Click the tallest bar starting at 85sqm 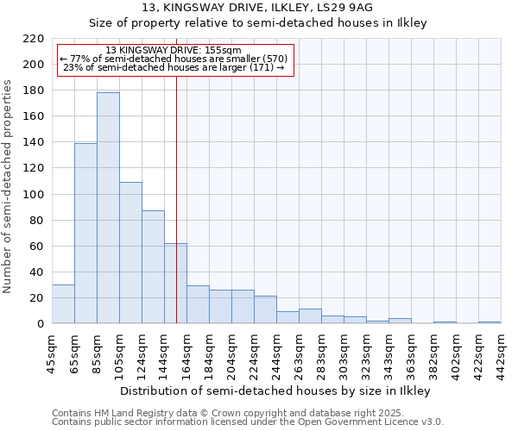pyautogui.click(x=108, y=208)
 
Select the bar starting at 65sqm pyautogui.click(x=85, y=233)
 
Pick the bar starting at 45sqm pyautogui.click(x=63, y=304)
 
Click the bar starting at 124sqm pyautogui.click(x=153, y=267)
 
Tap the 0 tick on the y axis pyautogui.click(x=40, y=324)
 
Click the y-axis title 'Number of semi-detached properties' pyautogui.click(x=9, y=186)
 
